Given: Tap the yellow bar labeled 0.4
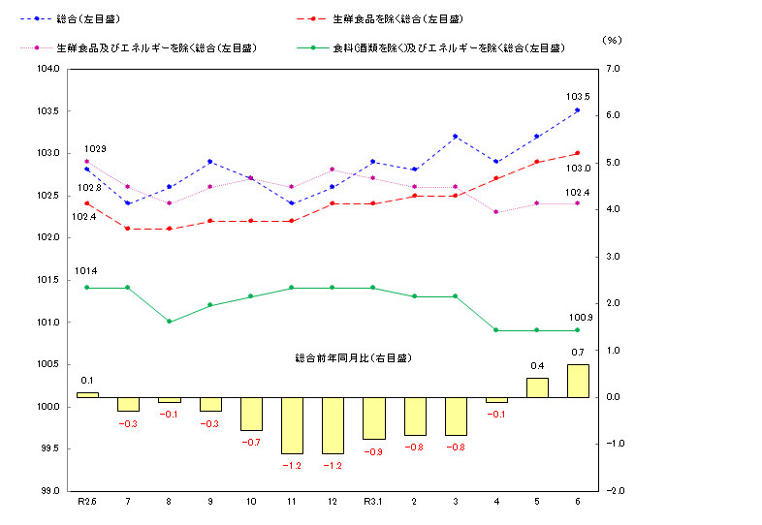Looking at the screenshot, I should (x=537, y=387).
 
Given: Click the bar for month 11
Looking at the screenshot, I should (x=291, y=425).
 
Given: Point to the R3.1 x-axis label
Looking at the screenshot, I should (x=373, y=501).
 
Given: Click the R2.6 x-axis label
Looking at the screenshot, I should (x=87, y=501).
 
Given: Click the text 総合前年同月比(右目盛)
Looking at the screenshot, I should (x=353, y=358).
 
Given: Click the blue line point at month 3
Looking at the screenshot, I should (x=455, y=137).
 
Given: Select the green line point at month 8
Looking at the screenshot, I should (x=169, y=322).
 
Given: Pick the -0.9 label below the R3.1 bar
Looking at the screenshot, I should (x=373, y=451).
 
